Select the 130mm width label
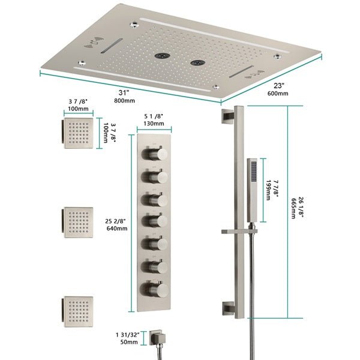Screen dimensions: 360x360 [x=154, y=124]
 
